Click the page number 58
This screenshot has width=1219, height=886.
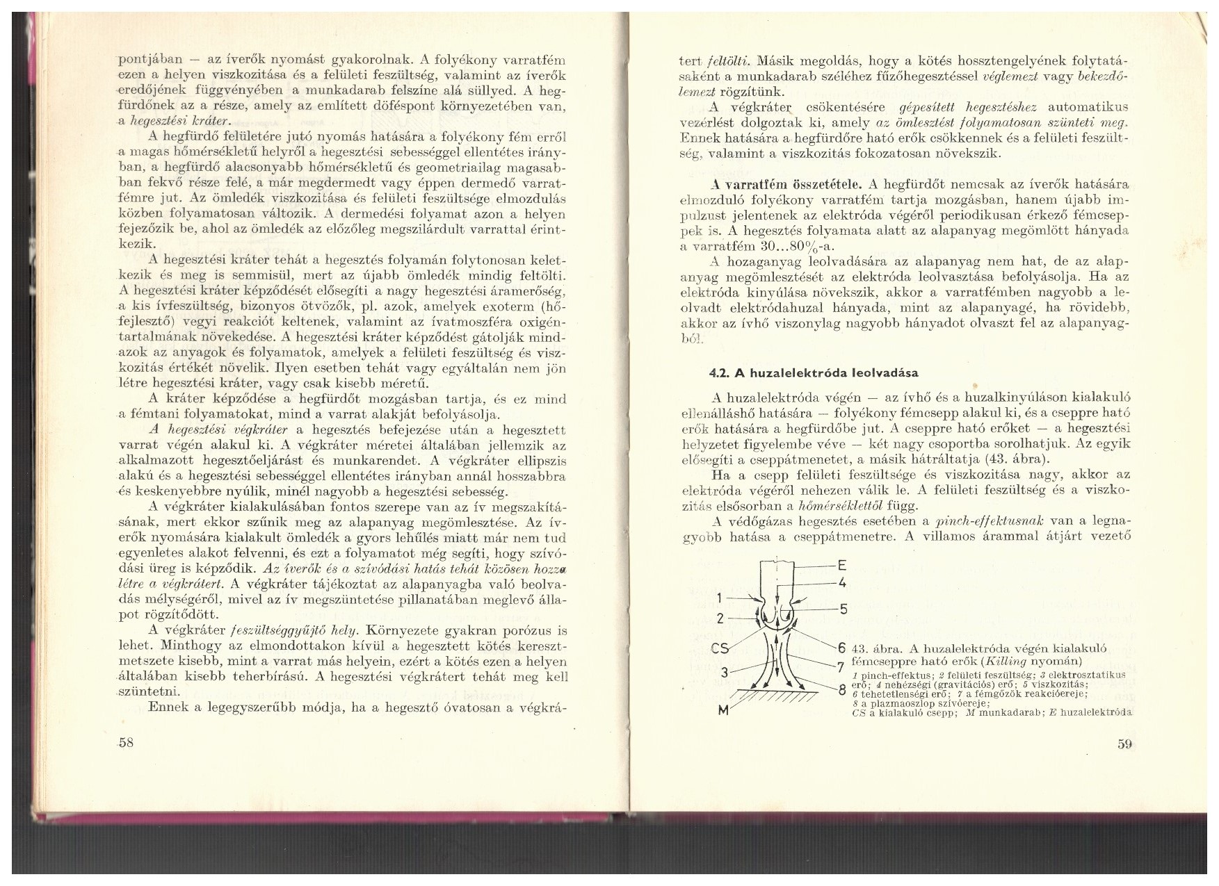click(126, 742)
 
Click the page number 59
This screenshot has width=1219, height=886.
click(1126, 745)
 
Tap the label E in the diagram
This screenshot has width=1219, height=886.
click(842, 564)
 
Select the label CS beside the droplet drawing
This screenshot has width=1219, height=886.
click(719, 648)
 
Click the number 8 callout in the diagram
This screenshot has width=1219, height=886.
click(842, 691)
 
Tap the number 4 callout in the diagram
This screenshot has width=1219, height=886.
click(842, 582)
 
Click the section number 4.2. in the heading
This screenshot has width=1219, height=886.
click(718, 372)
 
